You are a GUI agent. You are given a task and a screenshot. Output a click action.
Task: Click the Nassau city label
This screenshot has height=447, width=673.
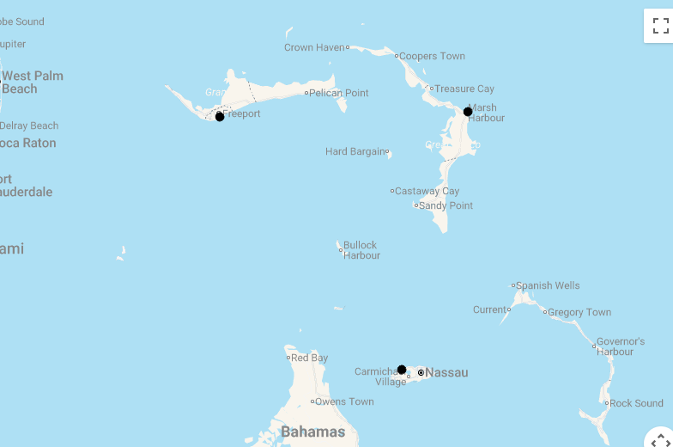(x=446, y=372)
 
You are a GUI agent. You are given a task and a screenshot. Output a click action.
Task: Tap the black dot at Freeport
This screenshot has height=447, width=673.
(x=220, y=116)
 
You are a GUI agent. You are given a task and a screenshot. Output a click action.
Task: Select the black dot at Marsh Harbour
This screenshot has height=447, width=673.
(x=468, y=112)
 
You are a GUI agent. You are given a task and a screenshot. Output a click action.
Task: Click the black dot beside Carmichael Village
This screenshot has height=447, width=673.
(x=402, y=370)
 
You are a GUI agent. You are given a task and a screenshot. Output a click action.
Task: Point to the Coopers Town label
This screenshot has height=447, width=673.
(x=432, y=56)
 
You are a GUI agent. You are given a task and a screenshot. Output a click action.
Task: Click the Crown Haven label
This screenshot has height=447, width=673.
(x=314, y=47)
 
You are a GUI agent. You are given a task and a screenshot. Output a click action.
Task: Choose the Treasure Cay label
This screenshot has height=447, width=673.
(x=464, y=89)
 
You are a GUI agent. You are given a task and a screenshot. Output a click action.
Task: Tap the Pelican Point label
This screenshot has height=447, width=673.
(x=338, y=93)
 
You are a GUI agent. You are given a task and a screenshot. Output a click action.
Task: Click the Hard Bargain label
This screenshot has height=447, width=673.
(x=355, y=151)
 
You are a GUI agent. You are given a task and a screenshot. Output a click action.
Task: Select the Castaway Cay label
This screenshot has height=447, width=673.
(x=427, y=191)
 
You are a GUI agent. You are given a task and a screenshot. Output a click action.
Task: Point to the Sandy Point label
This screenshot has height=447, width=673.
(x=446, y=205)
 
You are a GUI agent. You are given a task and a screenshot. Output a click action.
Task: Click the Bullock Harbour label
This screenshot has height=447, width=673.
(x=361, y=250)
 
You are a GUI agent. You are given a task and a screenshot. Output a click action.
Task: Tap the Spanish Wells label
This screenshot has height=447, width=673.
(x=548, y=285)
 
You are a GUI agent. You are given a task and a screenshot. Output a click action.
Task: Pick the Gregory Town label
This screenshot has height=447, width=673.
(x=579, y=312)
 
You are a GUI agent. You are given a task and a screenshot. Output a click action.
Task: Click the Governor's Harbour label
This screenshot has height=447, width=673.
(x=621, y=346)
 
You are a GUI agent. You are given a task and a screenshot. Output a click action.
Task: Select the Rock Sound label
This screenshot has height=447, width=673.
(x=636, y=403)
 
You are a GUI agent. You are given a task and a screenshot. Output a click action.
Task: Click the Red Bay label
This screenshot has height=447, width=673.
(x=309, y=358)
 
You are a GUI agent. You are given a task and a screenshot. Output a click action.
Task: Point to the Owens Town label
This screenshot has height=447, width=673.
(x=344, y=401)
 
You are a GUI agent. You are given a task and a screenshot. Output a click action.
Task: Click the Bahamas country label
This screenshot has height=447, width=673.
(x=312, y=432)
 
